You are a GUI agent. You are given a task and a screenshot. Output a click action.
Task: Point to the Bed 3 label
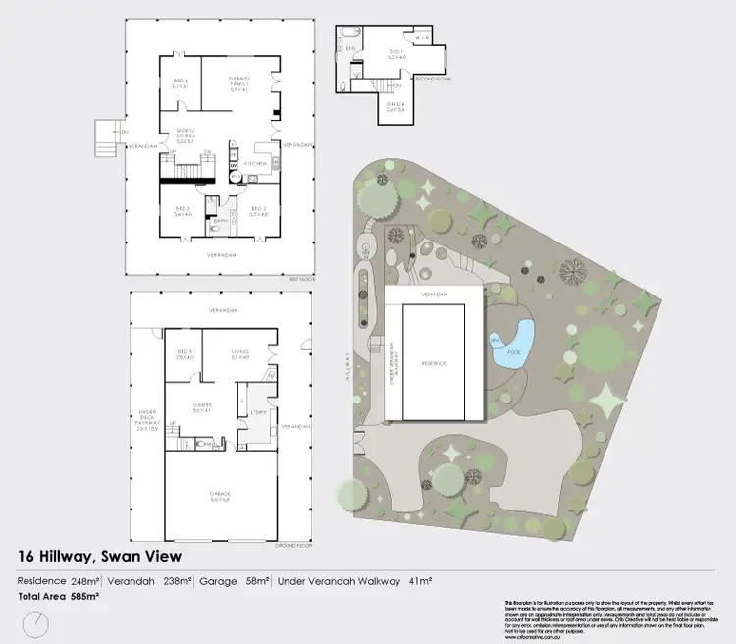tap(181, 211)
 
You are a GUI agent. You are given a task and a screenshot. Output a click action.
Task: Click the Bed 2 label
tap(258, 211)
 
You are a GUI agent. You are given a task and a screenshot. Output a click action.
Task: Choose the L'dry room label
tap(259, 412)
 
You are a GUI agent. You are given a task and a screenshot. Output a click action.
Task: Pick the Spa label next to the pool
tap(493, 340)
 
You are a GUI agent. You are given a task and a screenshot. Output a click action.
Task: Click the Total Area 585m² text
tap(57, 596)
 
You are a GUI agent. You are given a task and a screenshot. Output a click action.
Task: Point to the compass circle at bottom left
tap(36, 622)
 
